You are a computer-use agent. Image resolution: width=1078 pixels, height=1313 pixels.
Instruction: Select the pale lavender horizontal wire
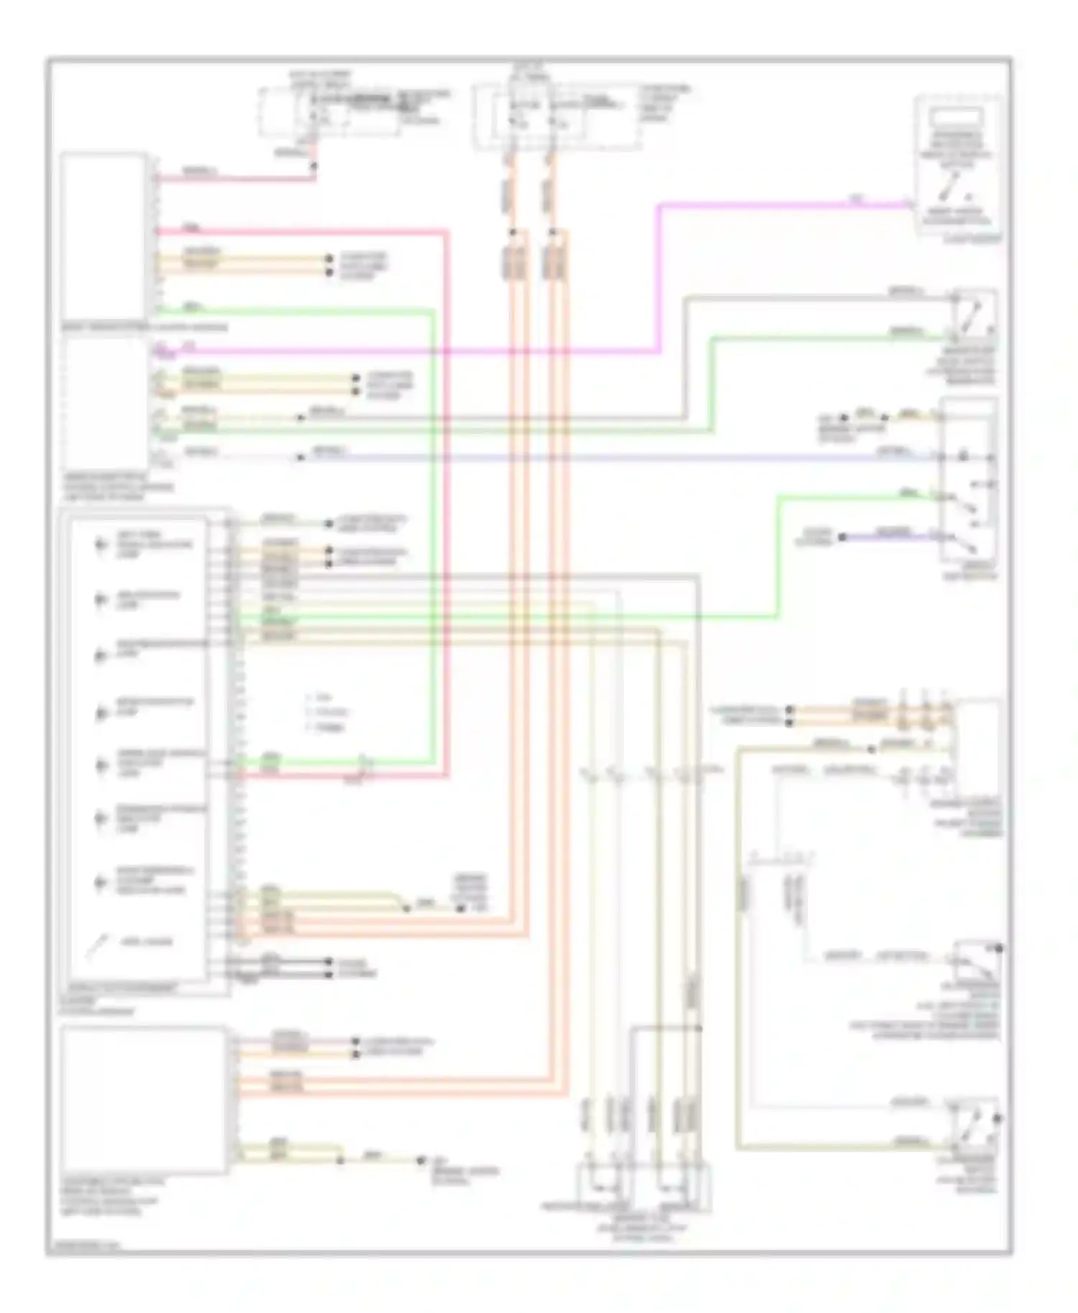(x=618, y=458)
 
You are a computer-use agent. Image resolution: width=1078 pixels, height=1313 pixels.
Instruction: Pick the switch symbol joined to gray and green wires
(x=973, y=316)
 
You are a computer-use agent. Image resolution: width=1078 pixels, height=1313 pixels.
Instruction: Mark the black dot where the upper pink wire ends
(x=314, y=167)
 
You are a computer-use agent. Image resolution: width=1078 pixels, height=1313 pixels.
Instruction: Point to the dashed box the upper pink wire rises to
(x=329, y=113)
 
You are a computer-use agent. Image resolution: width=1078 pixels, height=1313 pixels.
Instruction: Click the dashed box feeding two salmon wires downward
(x=557, y=117)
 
